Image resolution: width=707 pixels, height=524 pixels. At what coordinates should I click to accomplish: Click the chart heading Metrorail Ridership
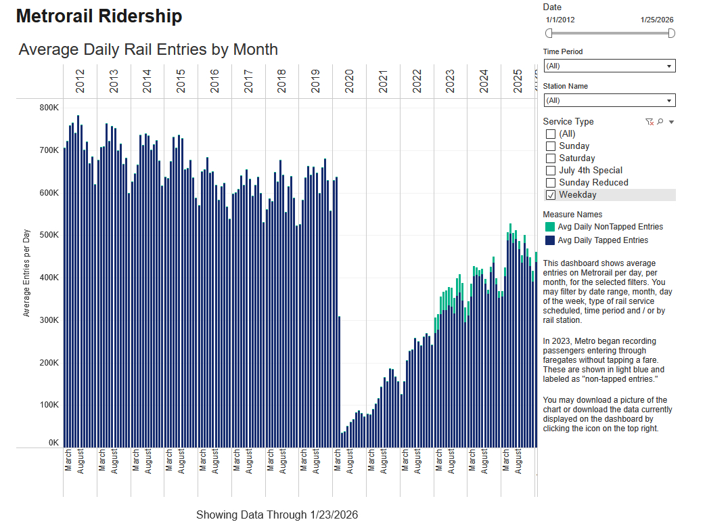pyautogui.click(x=99, y=17)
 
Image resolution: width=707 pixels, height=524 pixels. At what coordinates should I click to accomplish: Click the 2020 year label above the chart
pyautogui.click(x=349, y=81)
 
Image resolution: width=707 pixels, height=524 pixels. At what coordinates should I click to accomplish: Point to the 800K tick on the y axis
pyautogui.click(x=49, y=108)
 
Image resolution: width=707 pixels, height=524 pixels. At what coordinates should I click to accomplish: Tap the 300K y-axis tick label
pyautogui.click(x=49, y=320)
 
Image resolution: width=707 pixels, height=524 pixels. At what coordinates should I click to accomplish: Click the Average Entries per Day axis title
pyautogui.click(x=27, y=274)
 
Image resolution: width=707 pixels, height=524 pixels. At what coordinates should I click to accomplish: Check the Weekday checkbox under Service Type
pyautogui.click(x=551, y=195)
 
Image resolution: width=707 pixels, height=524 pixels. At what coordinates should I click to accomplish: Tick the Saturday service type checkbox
pyautogui.click(x=551, y=158)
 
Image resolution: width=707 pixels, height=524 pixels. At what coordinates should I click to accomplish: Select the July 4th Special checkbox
pyautogui.click(x=551, y=171)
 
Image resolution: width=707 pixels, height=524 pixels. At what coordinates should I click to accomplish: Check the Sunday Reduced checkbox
pyautogui.click(x=551, y=183)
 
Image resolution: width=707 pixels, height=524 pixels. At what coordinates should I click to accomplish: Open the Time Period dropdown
pyautogui.click(x=609, y=66)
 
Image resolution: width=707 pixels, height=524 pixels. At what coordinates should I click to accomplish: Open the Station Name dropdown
pyautogui.click(x=609, y=100)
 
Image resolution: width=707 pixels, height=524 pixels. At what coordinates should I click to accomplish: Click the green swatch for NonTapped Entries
pyautogui.click(x=550, y=227)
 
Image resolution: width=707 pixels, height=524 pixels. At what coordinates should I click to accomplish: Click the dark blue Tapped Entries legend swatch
pyautogui.click(x=550, y=240)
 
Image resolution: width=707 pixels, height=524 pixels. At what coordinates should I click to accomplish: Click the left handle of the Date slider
pyautogui.click(x=549, y=33)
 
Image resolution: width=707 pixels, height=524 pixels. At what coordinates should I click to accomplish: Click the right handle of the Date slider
pyautogui.click(x=671, y=33)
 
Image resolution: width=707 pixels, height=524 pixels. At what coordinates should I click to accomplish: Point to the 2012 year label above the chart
pyautogui.click(x=80, y=81)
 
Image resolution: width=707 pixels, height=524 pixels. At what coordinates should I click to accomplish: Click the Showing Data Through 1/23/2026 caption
pyautogui.click(x=277, y=515)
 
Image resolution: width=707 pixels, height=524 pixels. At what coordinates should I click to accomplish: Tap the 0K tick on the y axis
pyautogui.click(x=53, y=443)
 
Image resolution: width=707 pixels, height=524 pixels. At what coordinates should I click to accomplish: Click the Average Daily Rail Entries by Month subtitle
pyautogui.click(x=148, y=49)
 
